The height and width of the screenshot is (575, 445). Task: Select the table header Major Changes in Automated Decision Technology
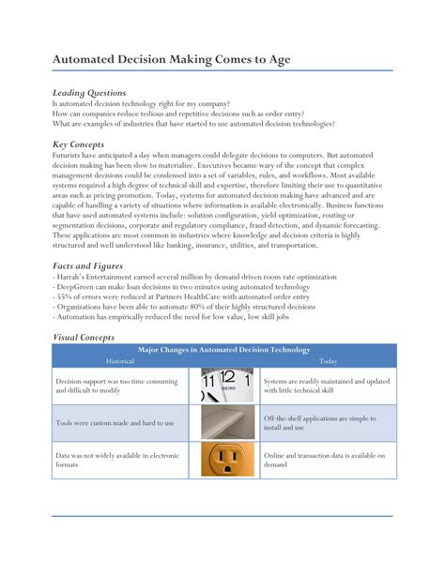pyautogui.click(x=223, y=350)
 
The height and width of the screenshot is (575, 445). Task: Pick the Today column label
pyautogui.click(x=329, y=360)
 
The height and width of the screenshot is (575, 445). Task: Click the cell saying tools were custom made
pyautogui.click(x=115, y=423)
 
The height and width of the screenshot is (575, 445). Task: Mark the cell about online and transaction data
pyautogui.click(x=324, y=461)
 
